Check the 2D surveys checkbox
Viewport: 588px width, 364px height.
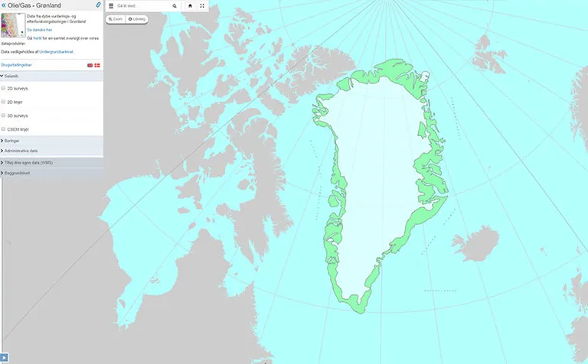(4, 88)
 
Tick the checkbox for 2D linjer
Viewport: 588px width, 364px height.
(4, 101)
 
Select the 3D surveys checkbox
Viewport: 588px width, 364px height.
(4, 115)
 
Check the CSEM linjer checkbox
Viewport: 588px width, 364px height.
(4, 128)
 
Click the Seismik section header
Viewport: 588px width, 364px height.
(11, 76)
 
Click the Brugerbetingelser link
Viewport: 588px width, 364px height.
(16, 65)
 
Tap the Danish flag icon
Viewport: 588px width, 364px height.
(97, 66)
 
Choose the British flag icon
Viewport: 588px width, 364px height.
(90, 66)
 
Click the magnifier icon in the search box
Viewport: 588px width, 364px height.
(175, 5)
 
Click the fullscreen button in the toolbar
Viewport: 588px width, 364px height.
(202, 5)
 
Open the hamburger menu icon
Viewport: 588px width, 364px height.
(111, 5)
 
